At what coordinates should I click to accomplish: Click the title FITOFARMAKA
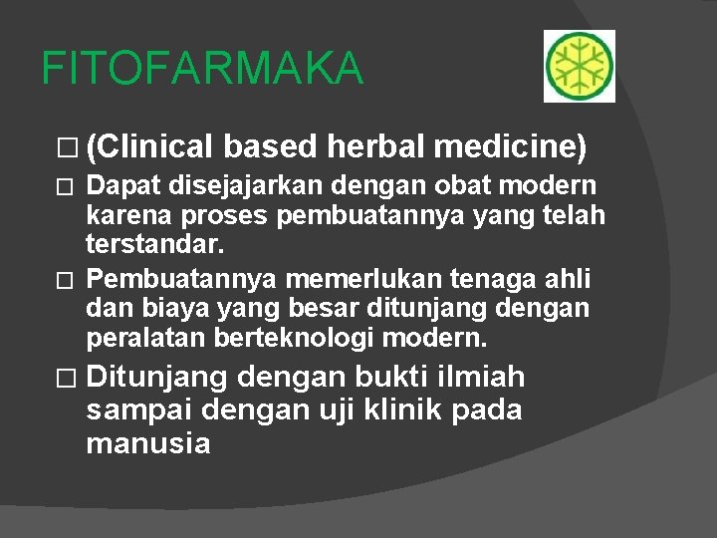203,69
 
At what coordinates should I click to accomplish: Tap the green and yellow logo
579,66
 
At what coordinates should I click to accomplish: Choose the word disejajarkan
230,186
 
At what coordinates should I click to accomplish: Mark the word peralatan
146,338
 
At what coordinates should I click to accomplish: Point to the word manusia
148,442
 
